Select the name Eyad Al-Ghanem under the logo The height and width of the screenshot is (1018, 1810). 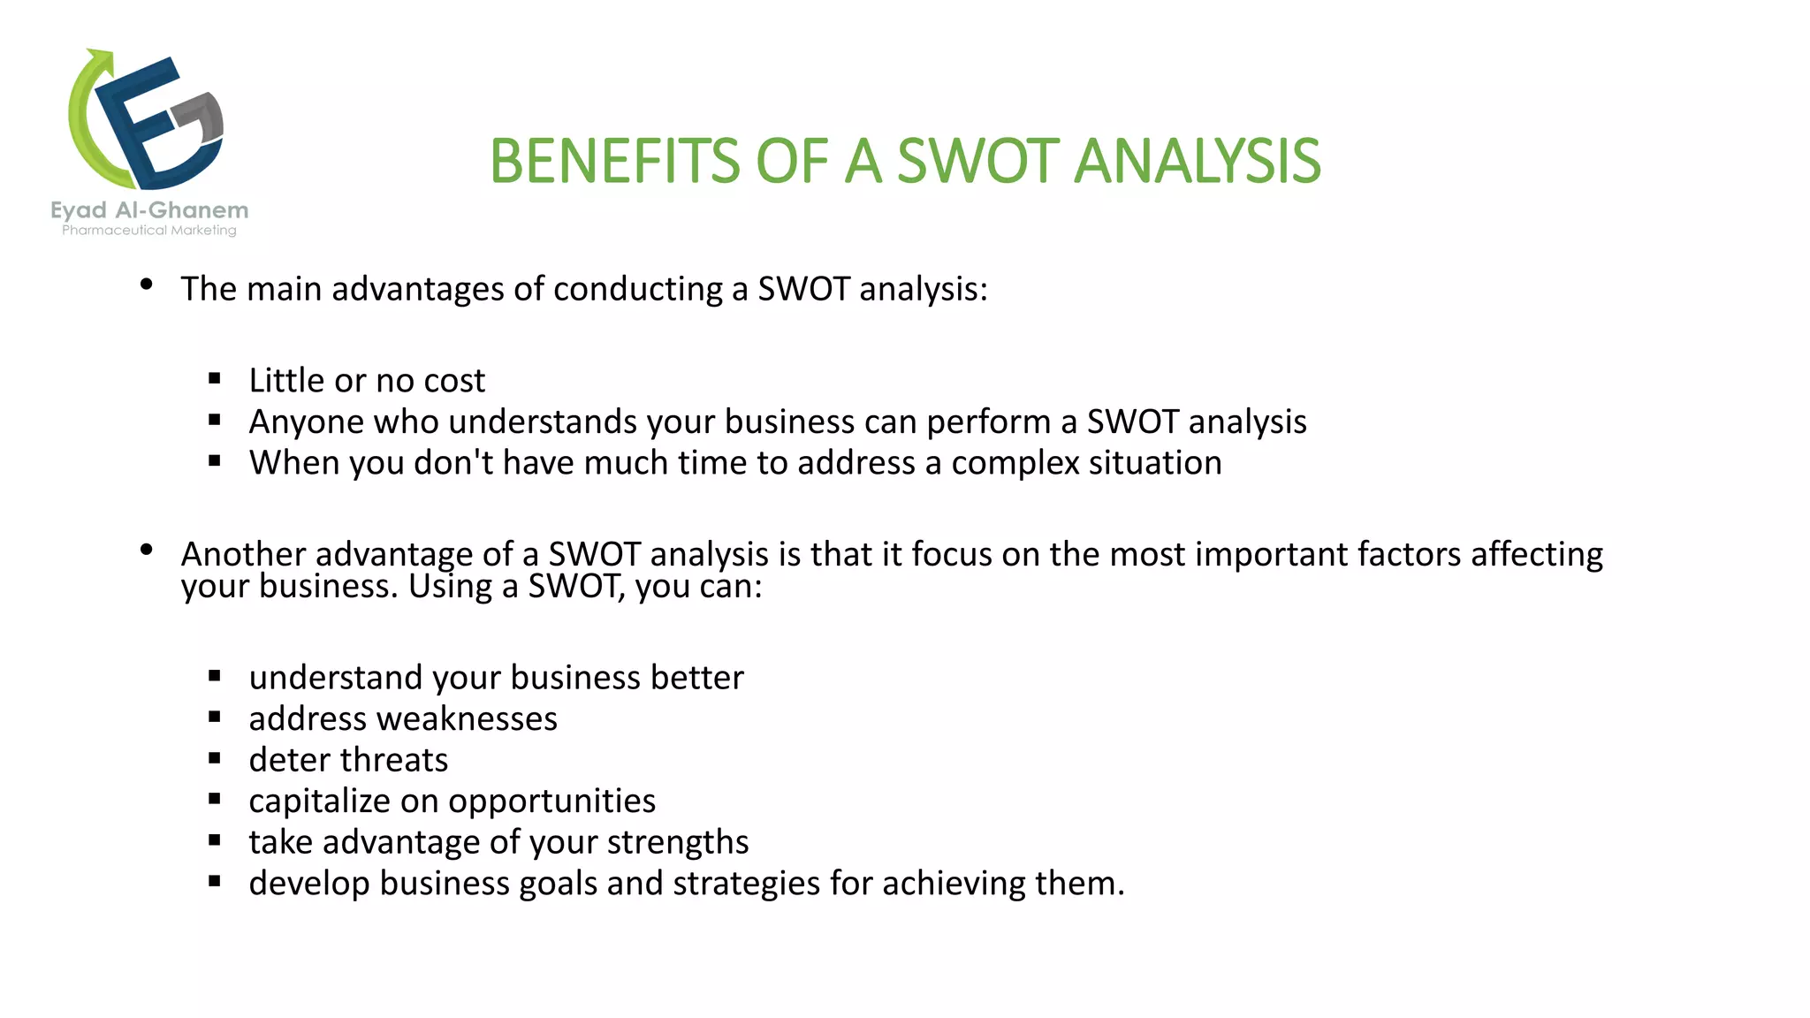149,210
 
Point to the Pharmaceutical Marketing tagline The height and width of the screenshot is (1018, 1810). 149,231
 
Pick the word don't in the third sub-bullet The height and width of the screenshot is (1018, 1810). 453,463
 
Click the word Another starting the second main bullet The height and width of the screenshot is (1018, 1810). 243,554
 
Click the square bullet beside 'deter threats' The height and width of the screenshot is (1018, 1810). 215,758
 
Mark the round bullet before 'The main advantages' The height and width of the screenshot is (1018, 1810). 147,285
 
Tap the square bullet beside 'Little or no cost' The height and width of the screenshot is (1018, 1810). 215,378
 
